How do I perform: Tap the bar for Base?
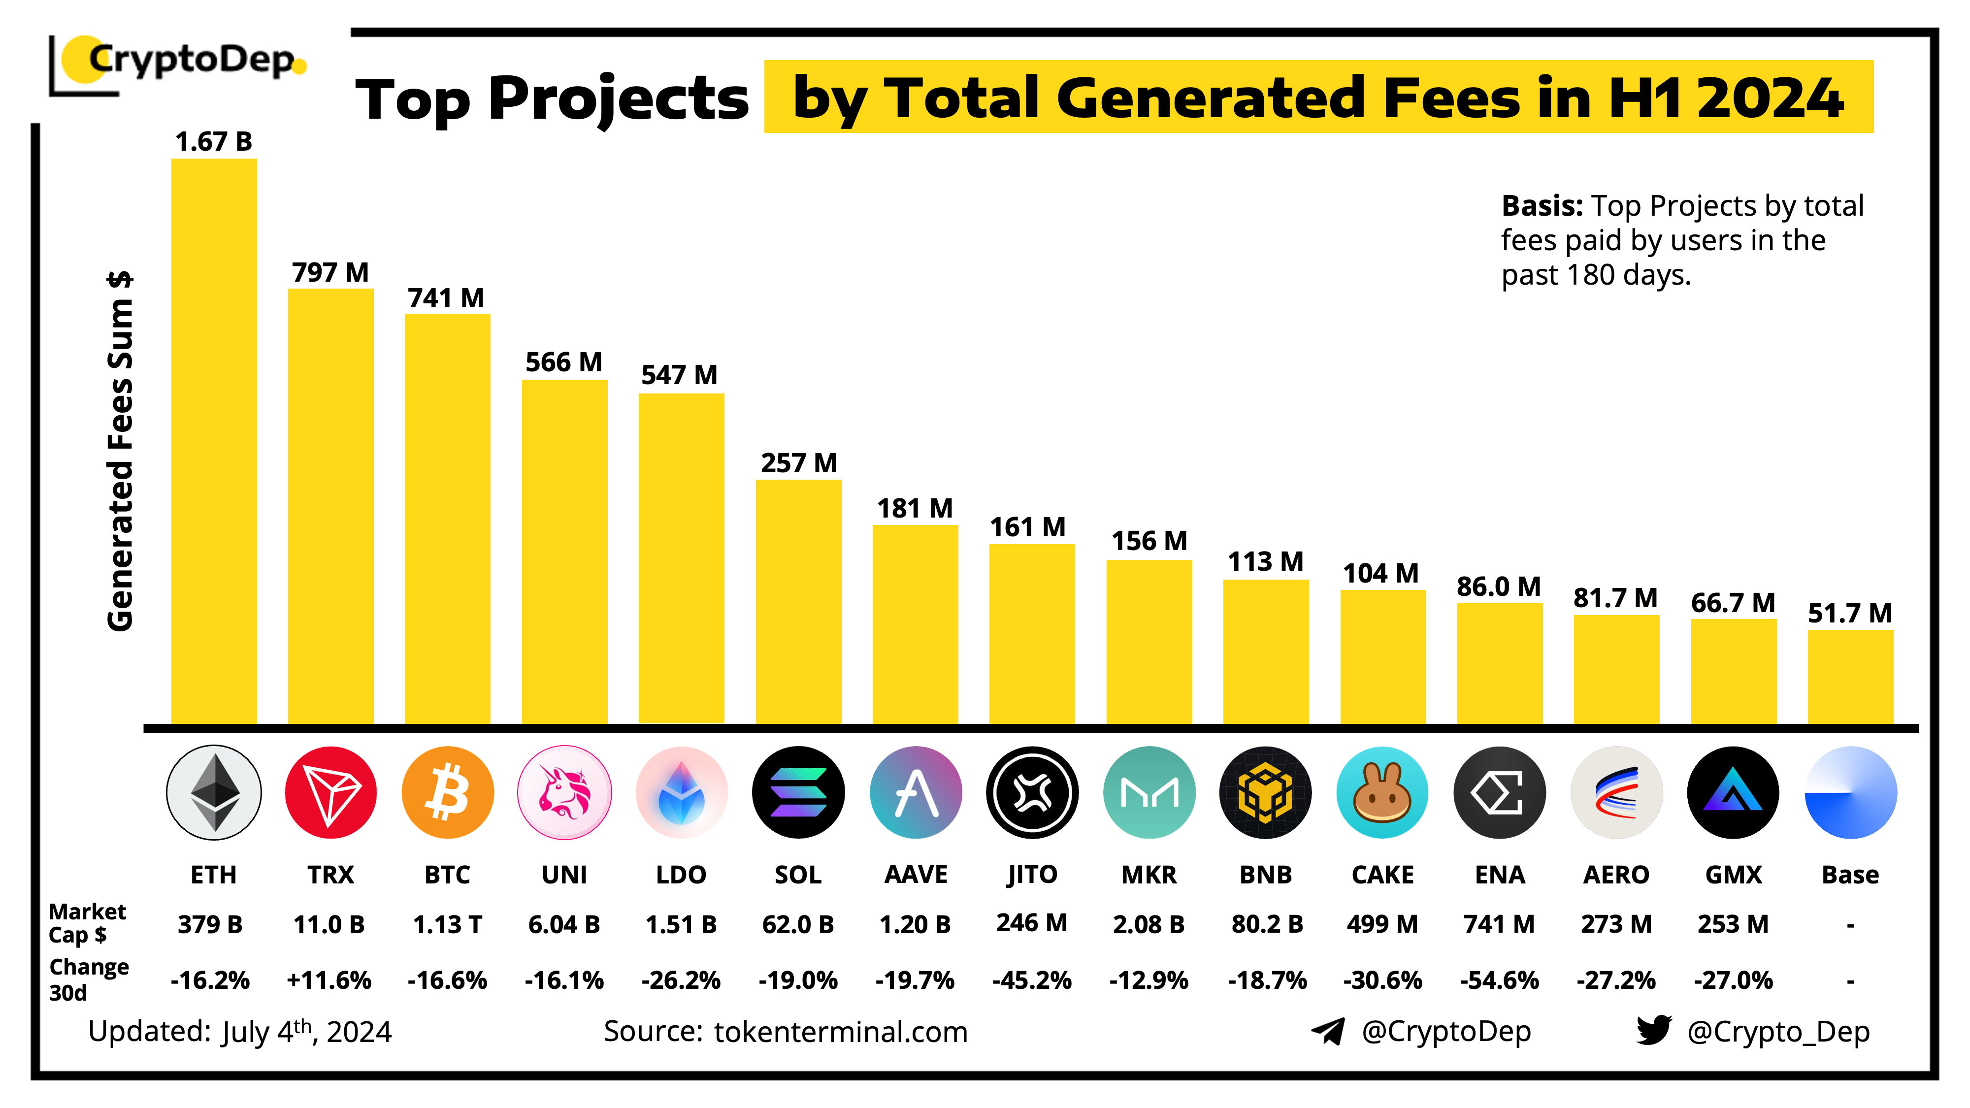click(1849, 676)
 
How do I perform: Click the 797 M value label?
click(330, 272)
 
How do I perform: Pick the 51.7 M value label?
click(1849, 613)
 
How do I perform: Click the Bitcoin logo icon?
click(447, 792)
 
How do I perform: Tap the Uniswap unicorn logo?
click(564, 792)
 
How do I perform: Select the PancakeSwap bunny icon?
click(1382, 792)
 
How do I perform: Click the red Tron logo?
click(330, 792)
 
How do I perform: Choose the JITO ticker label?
click(1032, 874)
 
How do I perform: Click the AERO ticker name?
click(1616, 874)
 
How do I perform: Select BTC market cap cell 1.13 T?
click(447, 924)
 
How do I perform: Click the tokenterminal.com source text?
click(841, 1032)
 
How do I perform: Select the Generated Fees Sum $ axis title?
click(121, 451)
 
